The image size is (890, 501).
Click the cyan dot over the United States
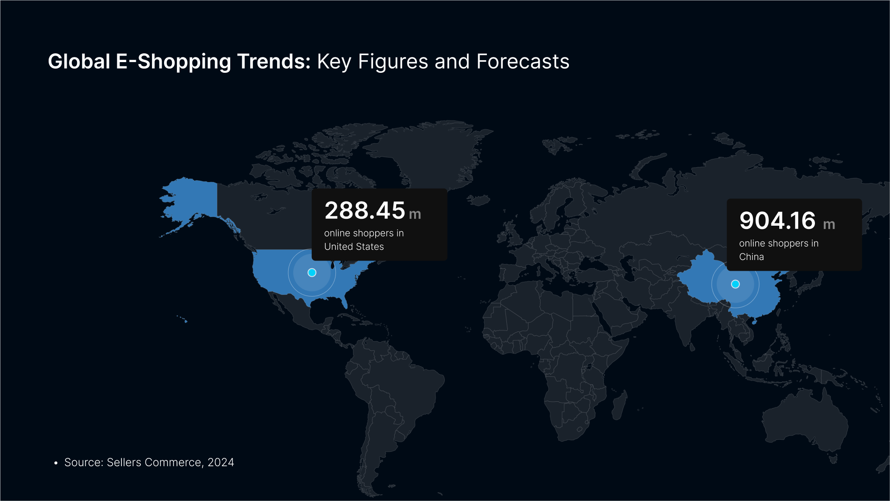[x=312, y=273]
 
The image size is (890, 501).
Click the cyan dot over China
[x=735, y=284]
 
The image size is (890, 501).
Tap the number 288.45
[x=365, y=210]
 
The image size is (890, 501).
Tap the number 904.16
[x=777, y=221]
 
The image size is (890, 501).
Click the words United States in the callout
[x=354, y=247]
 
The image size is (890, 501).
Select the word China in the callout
[x=751, y=257]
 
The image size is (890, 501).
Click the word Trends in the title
[x=274, y=61]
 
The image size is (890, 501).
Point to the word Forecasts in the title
[x=523, y=61]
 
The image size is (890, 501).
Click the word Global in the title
[x=79, y=61]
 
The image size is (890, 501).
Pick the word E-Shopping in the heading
[x=173, y=62]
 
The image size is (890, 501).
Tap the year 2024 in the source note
[x=221, y=463]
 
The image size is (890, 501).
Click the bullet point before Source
[x=56, y=463]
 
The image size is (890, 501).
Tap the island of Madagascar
[x=620, y=405]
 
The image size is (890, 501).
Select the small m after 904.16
[x=829, y=225]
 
